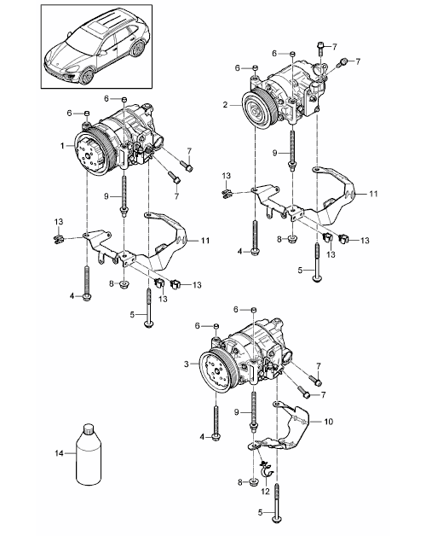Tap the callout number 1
click(x=62, y=146)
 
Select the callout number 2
click(x=225, y=105)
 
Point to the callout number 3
click(x=186, y=364)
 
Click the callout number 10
click(x=328, y=422)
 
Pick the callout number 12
click(x=265, y=492)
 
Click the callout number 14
click(x=60, y=453)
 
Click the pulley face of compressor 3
click(x=216, y=373)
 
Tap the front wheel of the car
click(x=87, y=76)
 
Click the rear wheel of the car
click(x=139, y=48)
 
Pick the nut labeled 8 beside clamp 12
click(x=253, y=482)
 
